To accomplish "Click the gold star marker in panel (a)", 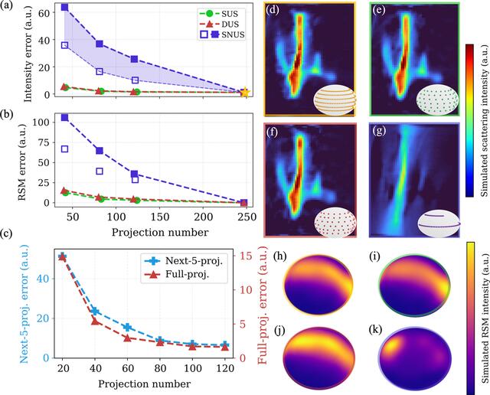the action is [245, 93].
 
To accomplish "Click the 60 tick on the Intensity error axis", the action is [44, 12].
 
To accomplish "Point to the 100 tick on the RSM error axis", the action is [41, 122].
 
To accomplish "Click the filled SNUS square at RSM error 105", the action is [64, 117].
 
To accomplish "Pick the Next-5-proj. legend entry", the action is [184, 260].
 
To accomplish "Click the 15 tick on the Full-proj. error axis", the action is [246, 256].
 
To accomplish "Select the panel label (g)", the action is [380, 131].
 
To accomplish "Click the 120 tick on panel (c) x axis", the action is [225, 368].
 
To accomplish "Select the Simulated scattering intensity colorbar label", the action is [483, 121].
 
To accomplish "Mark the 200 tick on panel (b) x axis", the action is [204, 216].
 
